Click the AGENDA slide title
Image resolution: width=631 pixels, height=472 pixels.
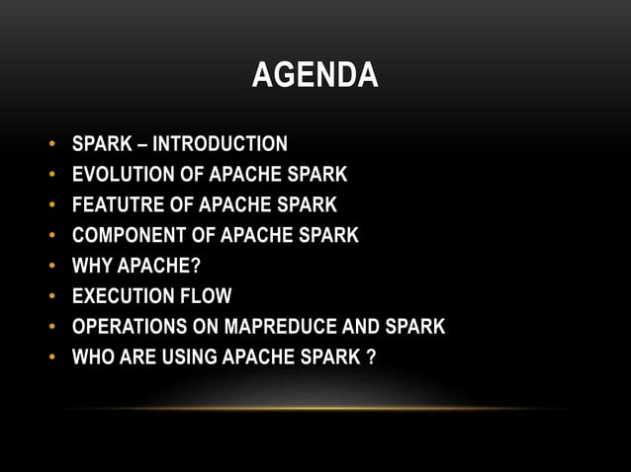[315, 74]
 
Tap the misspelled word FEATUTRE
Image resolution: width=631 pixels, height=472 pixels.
[112, 205]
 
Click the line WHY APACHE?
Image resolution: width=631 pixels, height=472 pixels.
[136, 266]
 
